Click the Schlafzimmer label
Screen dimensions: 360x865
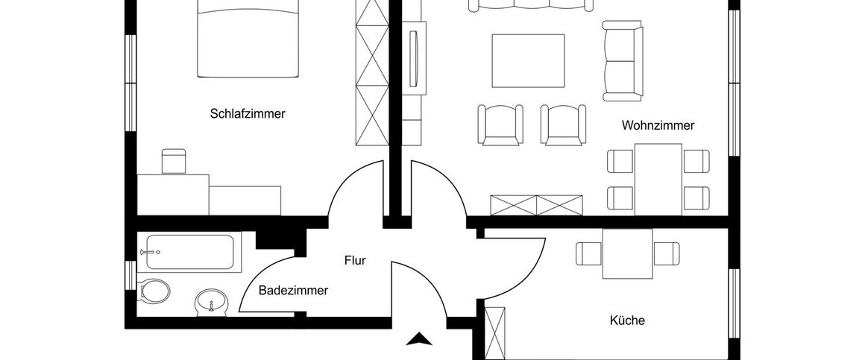click(248, 114)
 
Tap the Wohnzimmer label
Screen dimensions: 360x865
click(658, 126)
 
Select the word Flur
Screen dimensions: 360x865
click(354, 261)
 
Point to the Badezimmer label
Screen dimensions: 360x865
click(293, 291)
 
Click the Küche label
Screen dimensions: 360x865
click(627, 320)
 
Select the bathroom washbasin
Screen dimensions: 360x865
click(210, 303)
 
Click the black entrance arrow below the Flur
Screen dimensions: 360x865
click(419, 340)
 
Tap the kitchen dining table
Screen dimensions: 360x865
click(627, 253)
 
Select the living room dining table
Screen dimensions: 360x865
click(658, 179)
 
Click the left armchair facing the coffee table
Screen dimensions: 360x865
click(499, 124)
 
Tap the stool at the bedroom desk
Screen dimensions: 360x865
click(174, 161)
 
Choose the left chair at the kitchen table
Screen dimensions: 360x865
click(588, 253)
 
